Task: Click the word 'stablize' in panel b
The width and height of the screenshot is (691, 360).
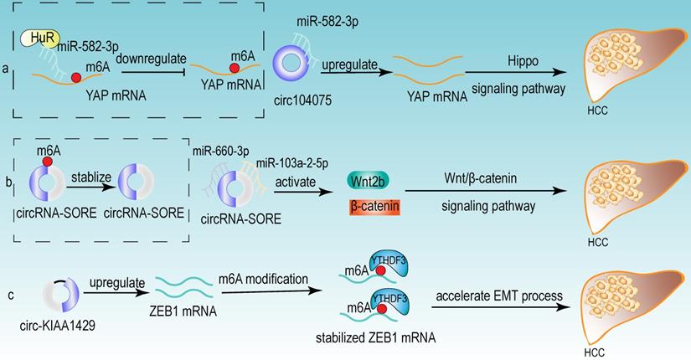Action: coord(86,177)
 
